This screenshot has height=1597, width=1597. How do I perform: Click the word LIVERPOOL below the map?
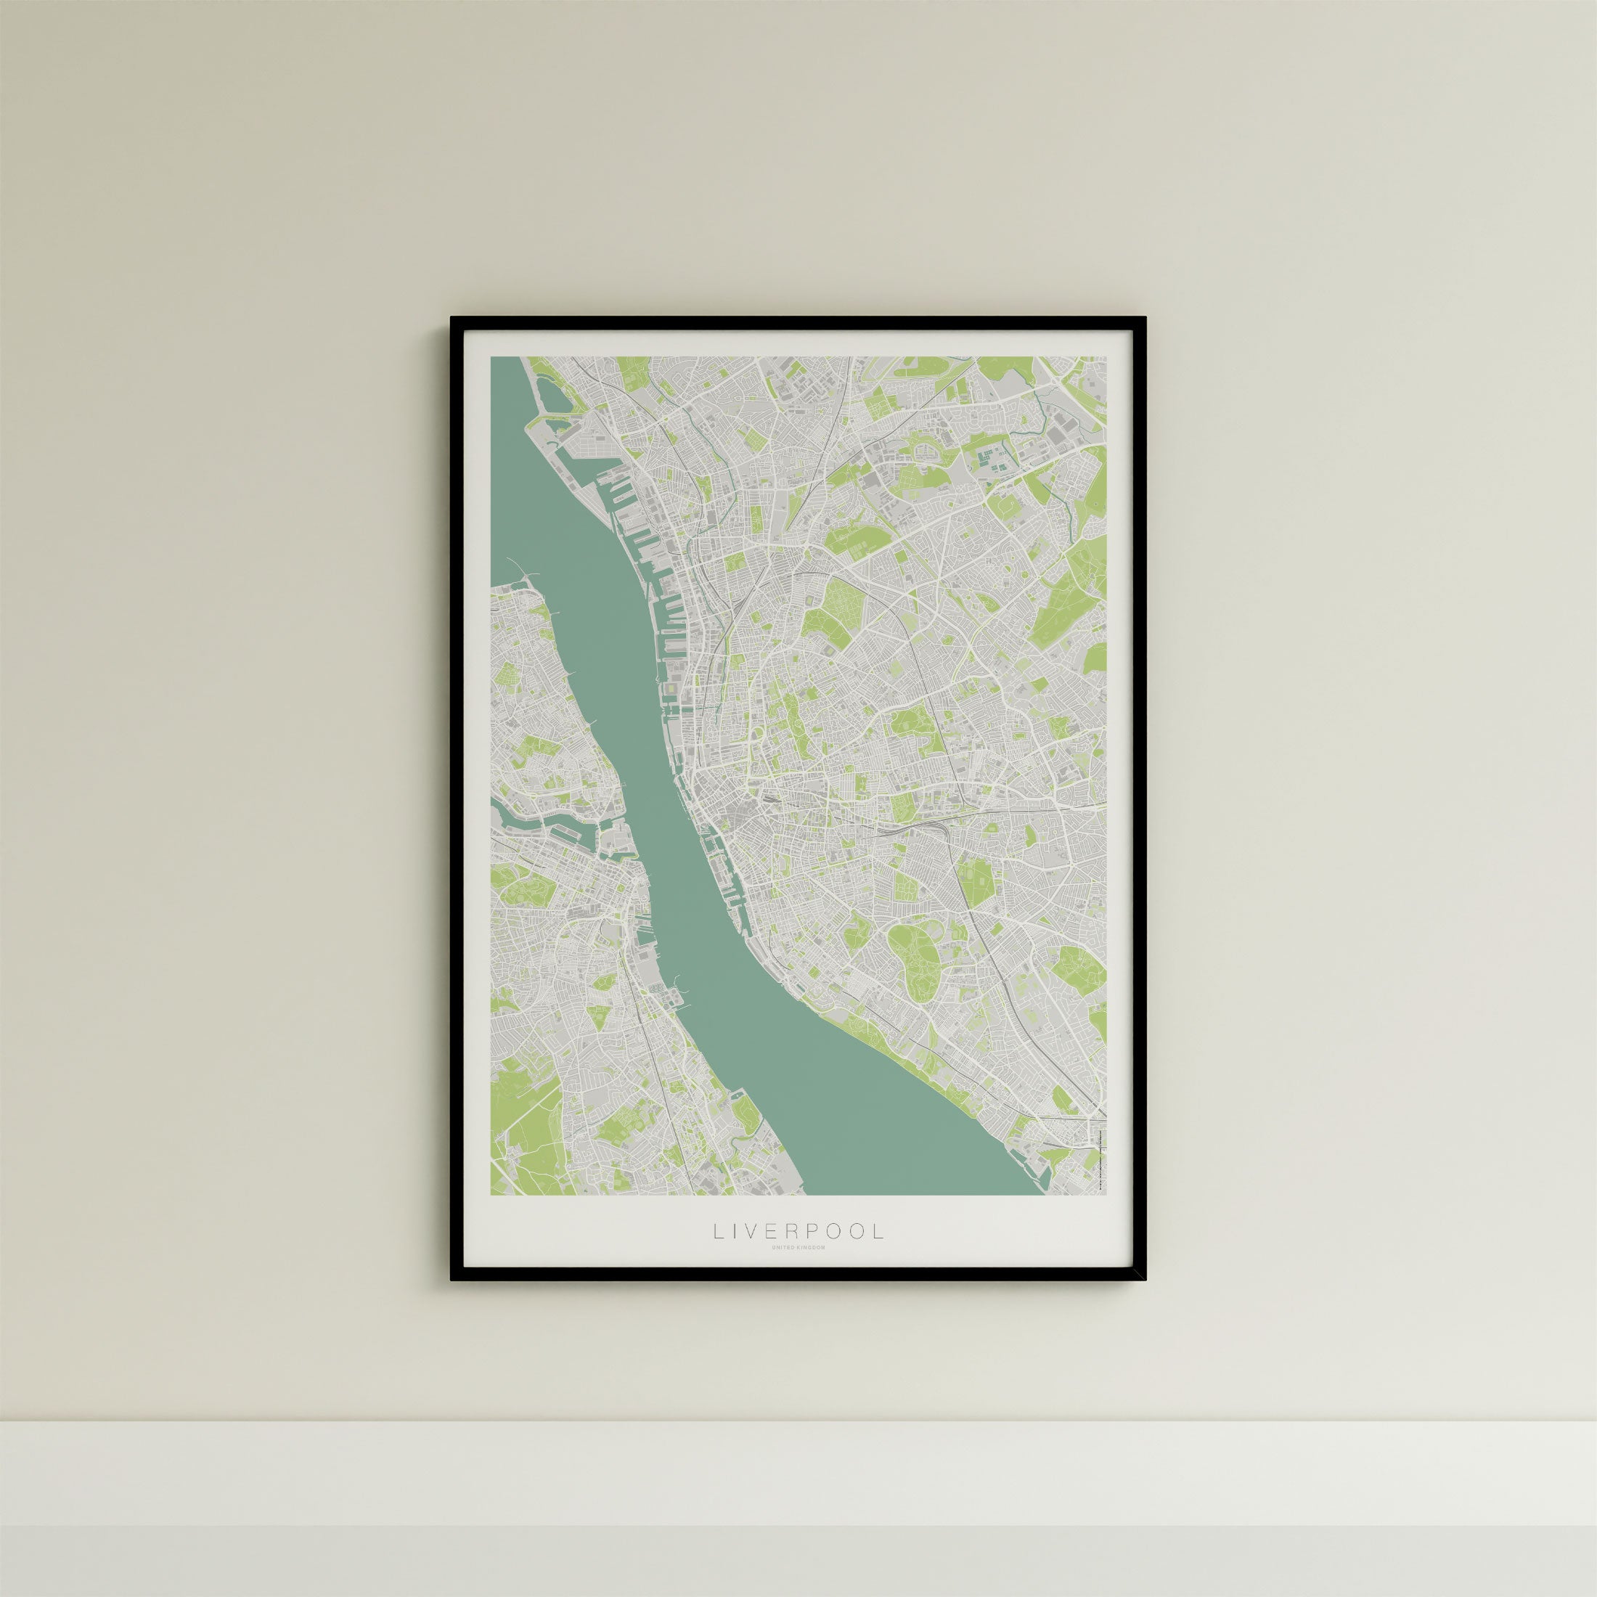pos(798,1254)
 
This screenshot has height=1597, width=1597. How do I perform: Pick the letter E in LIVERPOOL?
pos(778,1254)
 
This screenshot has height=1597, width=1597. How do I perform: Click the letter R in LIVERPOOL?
pos(798,1254)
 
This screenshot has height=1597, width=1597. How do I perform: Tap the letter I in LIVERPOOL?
pos(738,1254)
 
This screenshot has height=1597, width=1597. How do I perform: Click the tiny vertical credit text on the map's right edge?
pos(1100,1157)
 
